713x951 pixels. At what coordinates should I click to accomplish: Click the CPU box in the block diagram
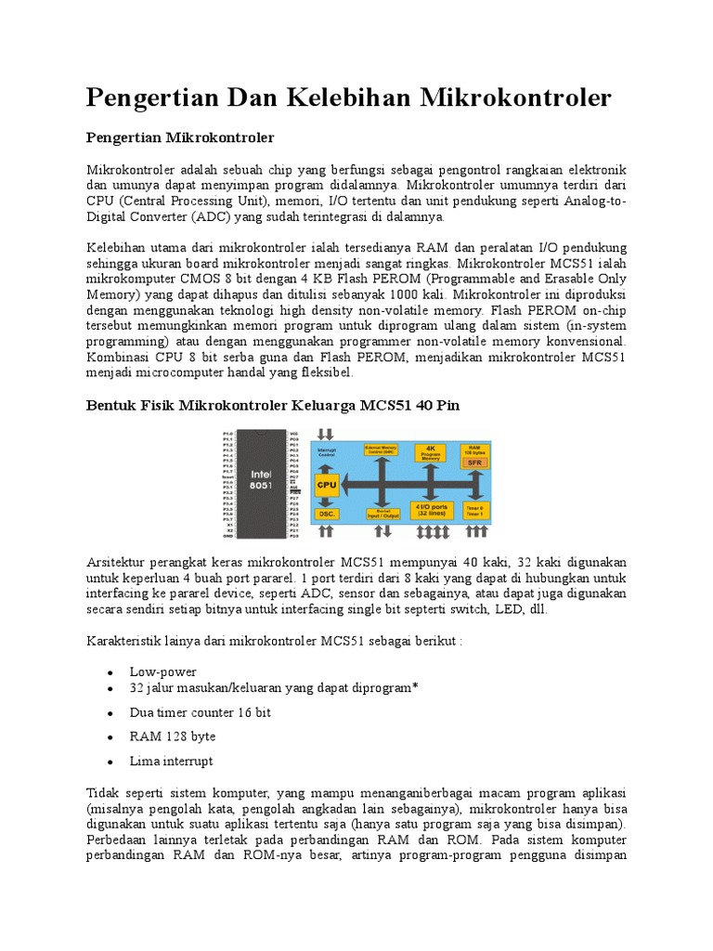click(x=327, y=485)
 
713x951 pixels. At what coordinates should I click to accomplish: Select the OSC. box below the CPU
click(x=326, y=513)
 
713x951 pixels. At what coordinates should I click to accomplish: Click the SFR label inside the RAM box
click(x=473, y=462)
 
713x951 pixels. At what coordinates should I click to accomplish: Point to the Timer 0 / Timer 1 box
click(x=473, y=511)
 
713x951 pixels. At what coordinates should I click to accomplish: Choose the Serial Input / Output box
click(x=382, y=512)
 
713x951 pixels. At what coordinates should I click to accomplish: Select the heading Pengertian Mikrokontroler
click(x=180, y=137)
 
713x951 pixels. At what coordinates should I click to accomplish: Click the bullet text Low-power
click(x=163, y=671)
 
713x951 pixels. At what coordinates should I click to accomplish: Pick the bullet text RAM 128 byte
click(x=173, y=736)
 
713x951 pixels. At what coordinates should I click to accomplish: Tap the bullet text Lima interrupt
click(x=172, y=761)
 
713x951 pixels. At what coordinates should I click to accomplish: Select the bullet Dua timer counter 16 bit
click(x=201, y=712)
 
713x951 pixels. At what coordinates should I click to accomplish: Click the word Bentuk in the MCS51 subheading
click(x=111, y=406)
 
